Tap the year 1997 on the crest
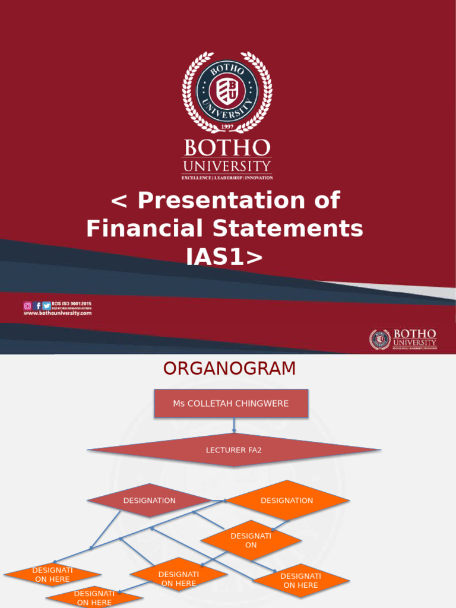(227, 127)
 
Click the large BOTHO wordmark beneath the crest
(227, 148)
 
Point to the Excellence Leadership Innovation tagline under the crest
(227, 178)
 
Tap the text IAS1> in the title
(224, 256)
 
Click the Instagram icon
(27, 306)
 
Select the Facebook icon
(37, 306)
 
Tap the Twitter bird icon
(46, 306)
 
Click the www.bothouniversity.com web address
(58, 313)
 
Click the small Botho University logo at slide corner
(403, 339)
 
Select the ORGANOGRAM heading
(229, 369)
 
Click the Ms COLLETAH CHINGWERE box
(231, 404)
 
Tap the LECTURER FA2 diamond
(234, 450)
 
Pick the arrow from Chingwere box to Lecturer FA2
(235, 426)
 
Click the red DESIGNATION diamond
(150, 501)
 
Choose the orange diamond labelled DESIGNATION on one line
(287, 501)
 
